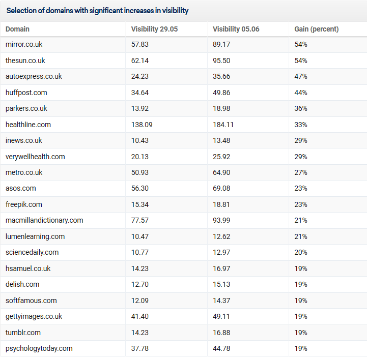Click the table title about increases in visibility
click(97, 11)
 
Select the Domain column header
click(17, 29)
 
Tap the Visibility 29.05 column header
click(154, 29)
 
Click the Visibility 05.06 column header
click(236, 29)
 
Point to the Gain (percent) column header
click(317, 29)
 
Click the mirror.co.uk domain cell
click(24, 44)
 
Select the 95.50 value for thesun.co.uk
click(221, 61)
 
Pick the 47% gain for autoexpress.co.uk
click(301, 76)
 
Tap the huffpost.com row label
click(26, 93)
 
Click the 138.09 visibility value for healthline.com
click(142, 125)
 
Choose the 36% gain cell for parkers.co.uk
click(301, 108)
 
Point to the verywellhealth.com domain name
click(35, 157)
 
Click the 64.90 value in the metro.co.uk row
click(221, 172)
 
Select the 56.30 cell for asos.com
click(140, 188)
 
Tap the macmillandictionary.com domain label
click(44, 220)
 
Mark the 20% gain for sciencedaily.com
click(301, 252)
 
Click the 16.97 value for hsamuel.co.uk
click(221, 268)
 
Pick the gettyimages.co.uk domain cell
click(34, 316)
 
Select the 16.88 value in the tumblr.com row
click(221, 333)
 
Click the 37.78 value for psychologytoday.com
click(140, 348)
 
